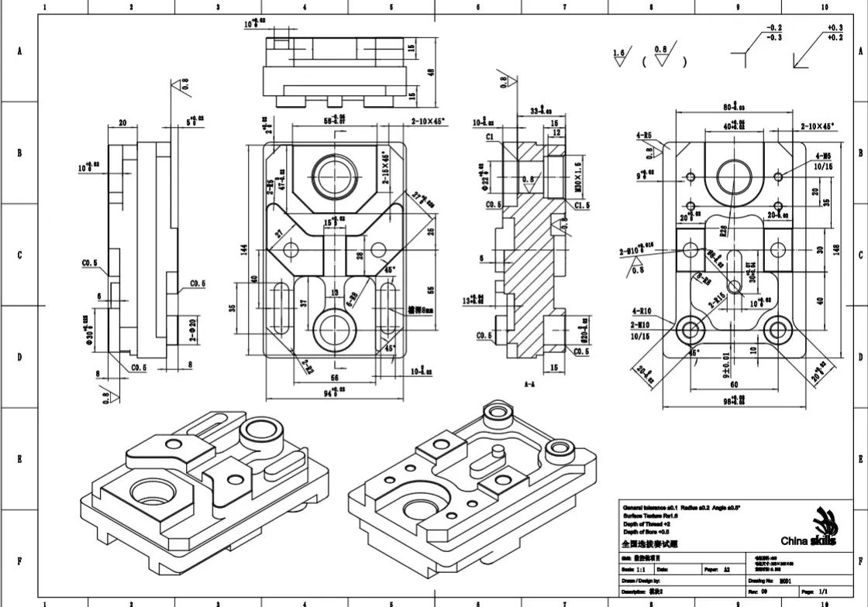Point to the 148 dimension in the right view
click(x=836, y=249)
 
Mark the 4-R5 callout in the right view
click(x=644, y=135)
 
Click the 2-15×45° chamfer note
click(x=385, y=168)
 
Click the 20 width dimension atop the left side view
click(x=122, y=122)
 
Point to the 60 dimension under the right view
click(x=732, y=384)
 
